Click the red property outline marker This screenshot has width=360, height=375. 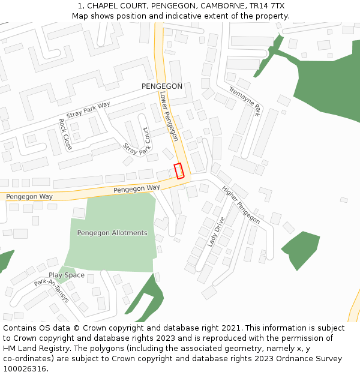coord(178,171)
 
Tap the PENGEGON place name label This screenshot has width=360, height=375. coord(161,86)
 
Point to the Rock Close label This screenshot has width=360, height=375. coord(65,134)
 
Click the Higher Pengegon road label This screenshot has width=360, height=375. coord(241,203)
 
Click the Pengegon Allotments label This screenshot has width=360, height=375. coord(112,233)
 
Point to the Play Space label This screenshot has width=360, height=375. coord(67,275)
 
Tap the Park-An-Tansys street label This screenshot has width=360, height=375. coord(52,290)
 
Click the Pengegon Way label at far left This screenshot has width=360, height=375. coord(29,197)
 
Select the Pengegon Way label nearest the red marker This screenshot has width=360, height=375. coord(136,188)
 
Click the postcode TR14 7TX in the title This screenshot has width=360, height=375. coord(268,6)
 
